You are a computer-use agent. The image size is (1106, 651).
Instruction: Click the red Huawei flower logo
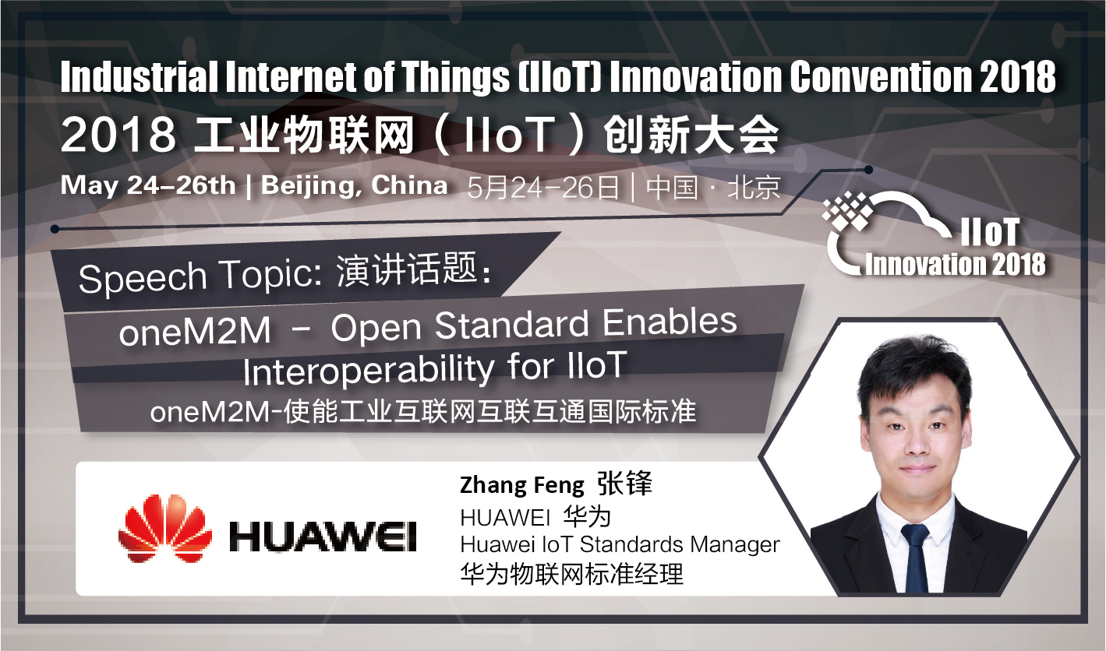click(x=165, y=528)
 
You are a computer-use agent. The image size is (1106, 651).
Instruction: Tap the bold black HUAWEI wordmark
click(x=323, y=537)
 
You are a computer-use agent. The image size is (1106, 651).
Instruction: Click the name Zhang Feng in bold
click(x=522, y=485)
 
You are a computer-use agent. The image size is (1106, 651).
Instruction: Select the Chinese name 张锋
click(x=624, y=484)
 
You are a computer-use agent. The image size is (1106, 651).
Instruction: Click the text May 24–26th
click(x=148, y=186)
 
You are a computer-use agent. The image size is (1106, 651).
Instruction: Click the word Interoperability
click(x=369, y=371)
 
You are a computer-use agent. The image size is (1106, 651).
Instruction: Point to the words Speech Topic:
click(x=201, y=276)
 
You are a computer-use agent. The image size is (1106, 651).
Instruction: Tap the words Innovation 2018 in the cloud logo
click(x=956, y=264)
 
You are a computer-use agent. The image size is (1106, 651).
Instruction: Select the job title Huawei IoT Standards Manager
click(x=620, y=545)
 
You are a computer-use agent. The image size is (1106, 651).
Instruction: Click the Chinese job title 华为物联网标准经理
click(x=572, y=574)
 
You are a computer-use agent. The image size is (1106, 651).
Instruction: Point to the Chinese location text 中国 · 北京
click(x=713, y=188)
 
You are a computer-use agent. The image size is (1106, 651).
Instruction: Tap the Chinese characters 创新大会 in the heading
click(x=691, y=135)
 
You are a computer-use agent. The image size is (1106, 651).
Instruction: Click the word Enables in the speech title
click(x=670, y=323)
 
